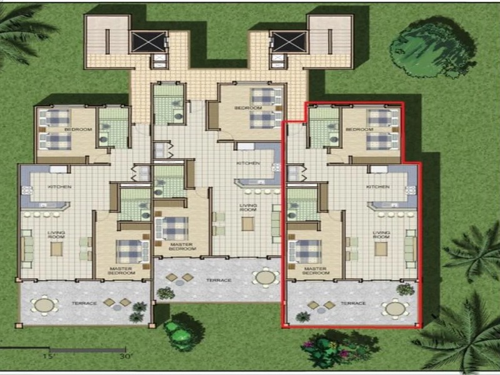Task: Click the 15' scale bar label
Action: tap(49, 356)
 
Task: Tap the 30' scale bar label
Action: tap(127, 356)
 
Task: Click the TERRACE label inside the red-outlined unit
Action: tap(354, 303)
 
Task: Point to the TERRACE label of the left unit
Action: tap(84, 304)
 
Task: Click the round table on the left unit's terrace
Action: tap(44, 305)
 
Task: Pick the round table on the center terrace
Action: tap(267, 276)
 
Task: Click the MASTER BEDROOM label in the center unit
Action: tap(182, 246)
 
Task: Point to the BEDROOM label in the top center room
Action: tap(244, 108)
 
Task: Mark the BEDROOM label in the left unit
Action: tap(82, 129)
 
